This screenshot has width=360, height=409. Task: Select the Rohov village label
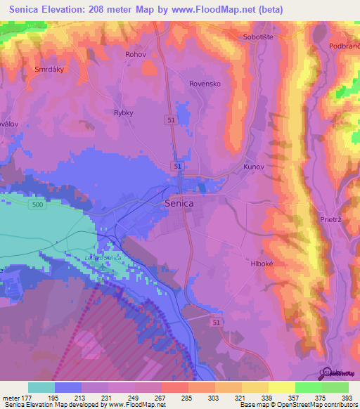pos(135,54)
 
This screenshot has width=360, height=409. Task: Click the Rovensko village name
pos(205,83)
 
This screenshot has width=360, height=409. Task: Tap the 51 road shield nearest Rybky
pos(172,121)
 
